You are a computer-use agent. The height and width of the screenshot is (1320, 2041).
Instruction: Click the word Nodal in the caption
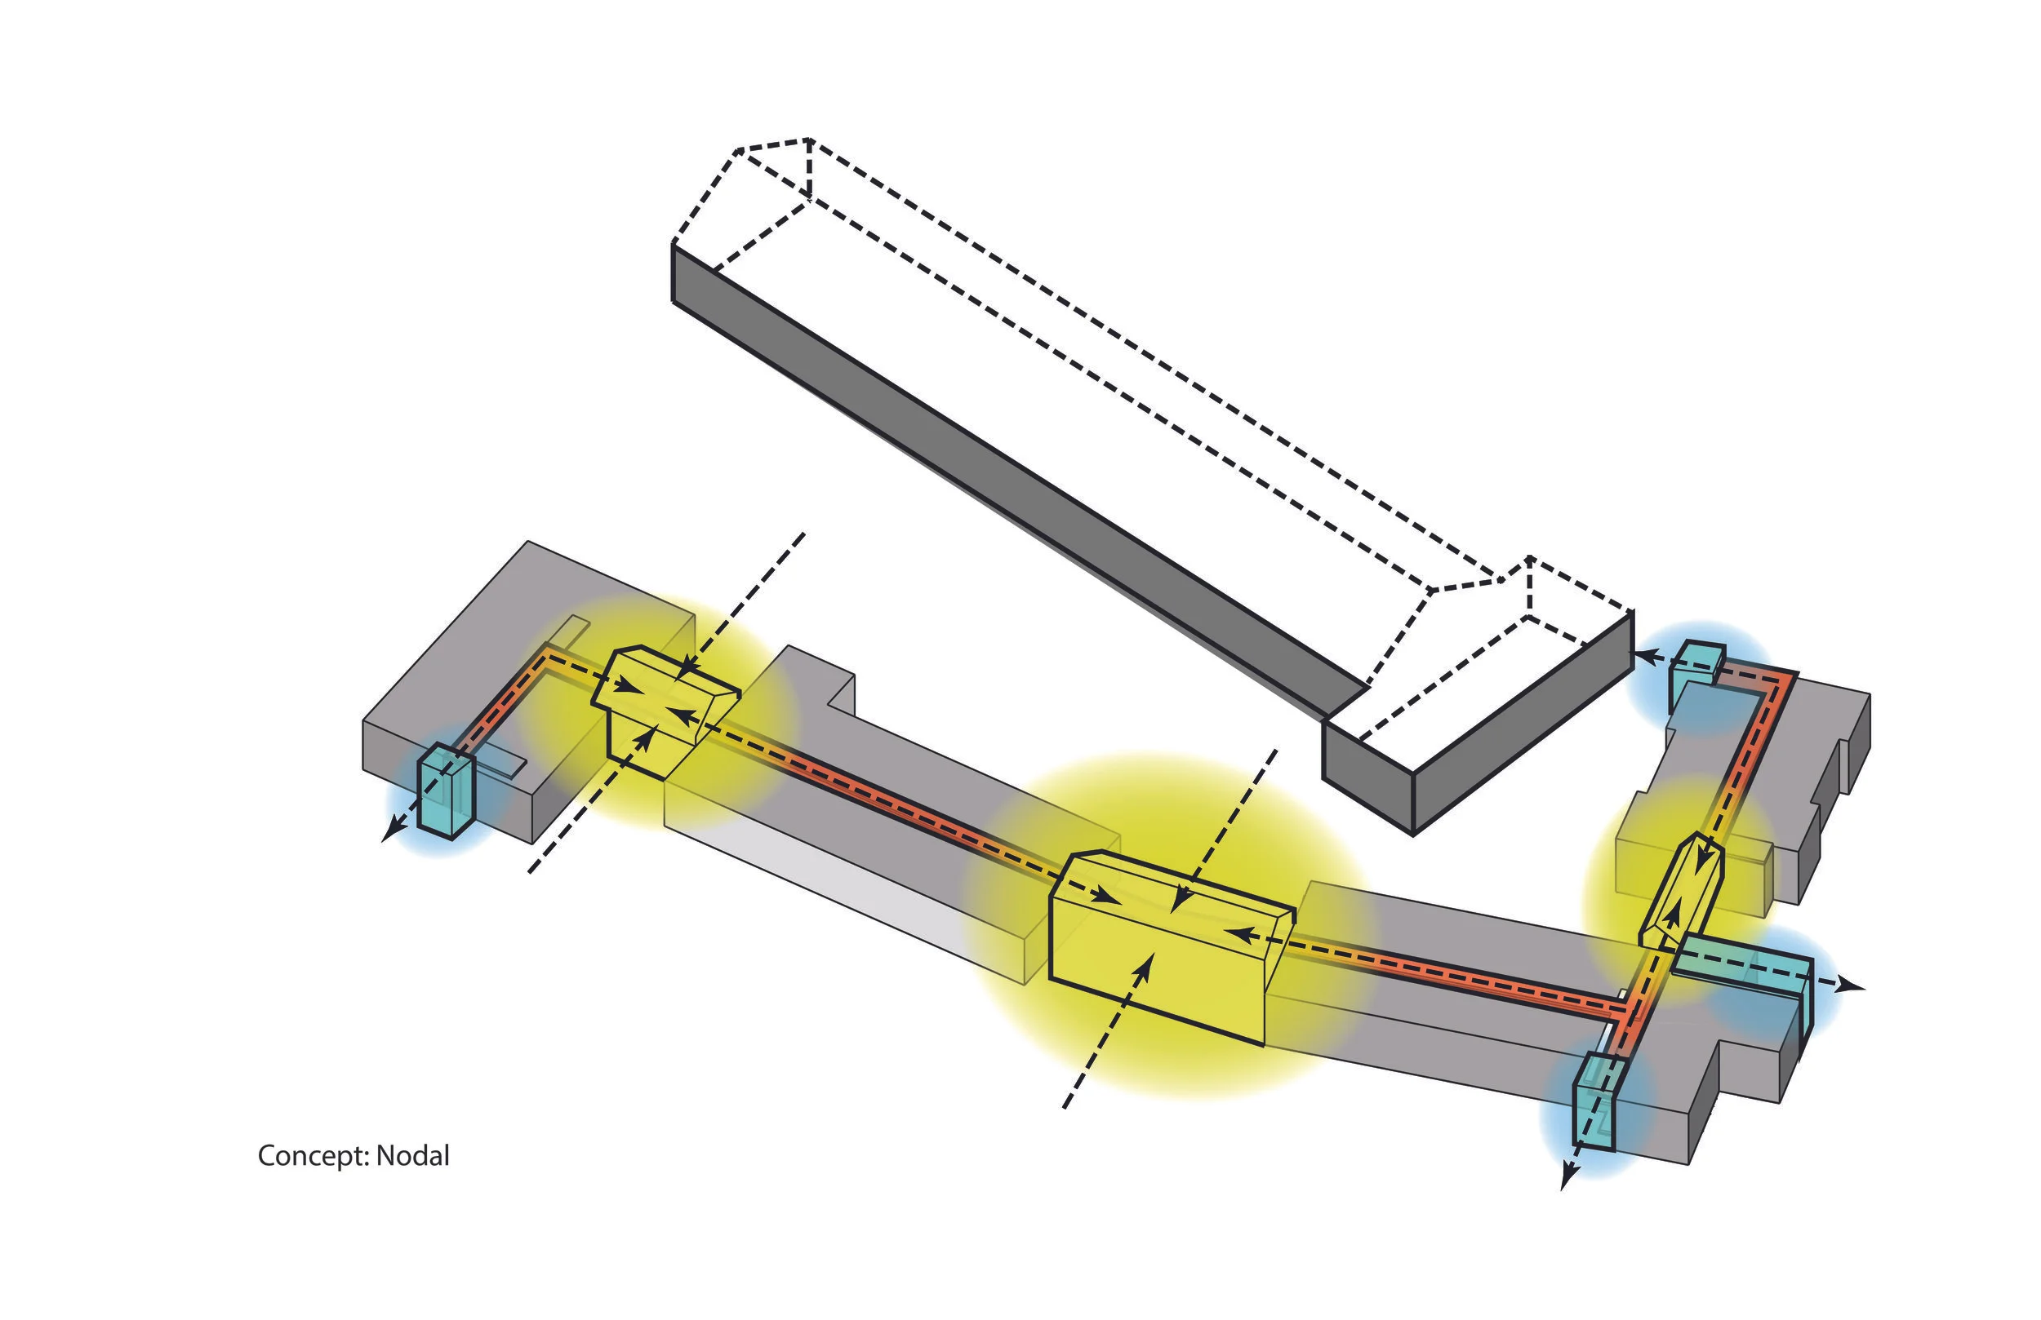(412, 1155)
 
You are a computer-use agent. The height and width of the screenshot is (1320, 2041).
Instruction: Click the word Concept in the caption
(312, 1156)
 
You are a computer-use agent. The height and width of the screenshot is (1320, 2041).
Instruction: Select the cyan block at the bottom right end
(1596, 1101)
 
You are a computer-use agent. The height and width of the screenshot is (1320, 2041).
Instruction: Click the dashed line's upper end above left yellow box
(803, 534)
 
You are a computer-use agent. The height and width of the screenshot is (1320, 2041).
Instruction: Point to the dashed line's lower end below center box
(1065, 1107)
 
